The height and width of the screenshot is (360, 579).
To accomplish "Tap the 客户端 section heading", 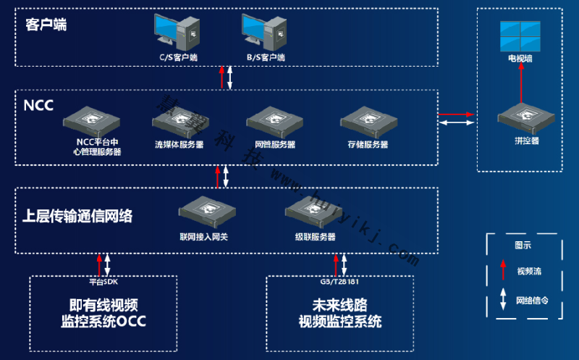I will point(46,25).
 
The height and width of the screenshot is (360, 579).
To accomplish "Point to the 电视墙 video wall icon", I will point(520,36).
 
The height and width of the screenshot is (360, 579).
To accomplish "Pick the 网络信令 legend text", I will point(531,300).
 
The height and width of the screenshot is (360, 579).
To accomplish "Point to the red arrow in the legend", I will point(503,271).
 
